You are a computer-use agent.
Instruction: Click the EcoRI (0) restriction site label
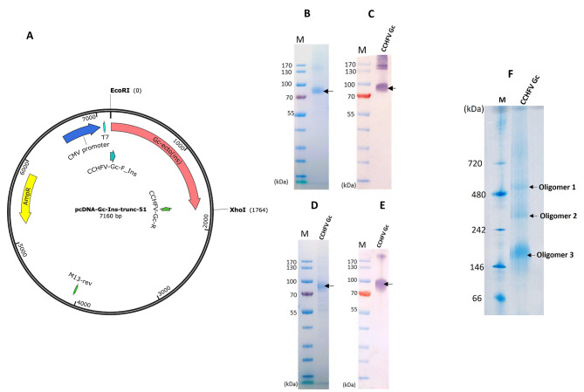119,91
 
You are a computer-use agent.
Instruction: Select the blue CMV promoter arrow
80,133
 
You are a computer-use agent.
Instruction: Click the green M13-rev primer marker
75,286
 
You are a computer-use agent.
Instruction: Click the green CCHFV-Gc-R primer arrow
165,209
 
